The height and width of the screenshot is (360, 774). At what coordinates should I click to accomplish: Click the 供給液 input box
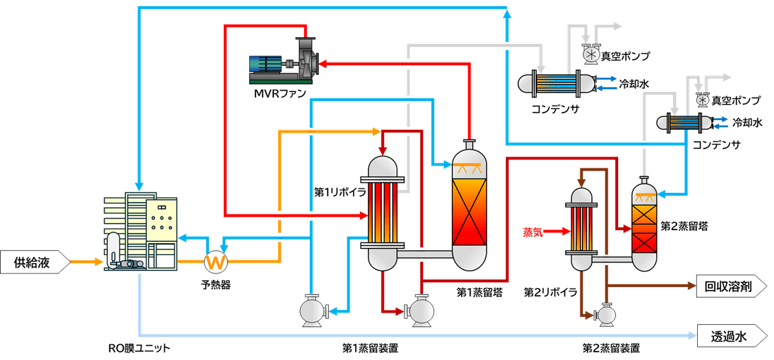33,262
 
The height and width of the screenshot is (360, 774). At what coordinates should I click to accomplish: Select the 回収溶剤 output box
729,286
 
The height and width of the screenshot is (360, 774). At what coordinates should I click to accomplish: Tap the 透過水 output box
729,337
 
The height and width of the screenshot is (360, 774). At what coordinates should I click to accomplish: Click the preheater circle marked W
215,262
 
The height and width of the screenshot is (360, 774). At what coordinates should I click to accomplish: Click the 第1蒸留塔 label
479,292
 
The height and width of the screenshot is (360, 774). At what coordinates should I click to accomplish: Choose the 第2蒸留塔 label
684,225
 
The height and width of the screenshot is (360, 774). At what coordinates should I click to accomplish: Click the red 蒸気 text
532,231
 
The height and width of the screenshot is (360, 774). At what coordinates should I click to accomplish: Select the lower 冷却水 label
747,123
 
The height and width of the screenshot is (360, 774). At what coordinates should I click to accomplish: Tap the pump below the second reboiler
606,313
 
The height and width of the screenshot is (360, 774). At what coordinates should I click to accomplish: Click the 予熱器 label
215,284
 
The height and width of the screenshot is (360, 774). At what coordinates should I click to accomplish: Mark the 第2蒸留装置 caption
611,348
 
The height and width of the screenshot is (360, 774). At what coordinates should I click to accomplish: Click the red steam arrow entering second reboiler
556,232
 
